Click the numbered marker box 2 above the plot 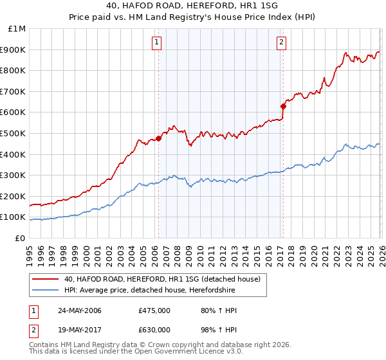coord(282,43)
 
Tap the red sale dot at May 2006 coord(158,138)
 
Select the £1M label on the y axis coord(17,29)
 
